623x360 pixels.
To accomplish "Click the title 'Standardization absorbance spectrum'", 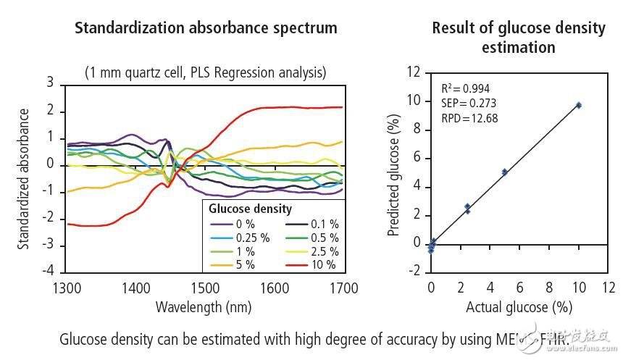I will coord(205,28).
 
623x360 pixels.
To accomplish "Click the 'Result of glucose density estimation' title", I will coord(518,38).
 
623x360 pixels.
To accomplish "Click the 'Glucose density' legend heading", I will coord(251,209).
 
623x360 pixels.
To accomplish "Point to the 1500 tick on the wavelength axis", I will coord(205,288).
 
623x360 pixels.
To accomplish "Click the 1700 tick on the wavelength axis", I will coord(344,288).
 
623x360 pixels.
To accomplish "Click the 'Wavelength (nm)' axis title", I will coord(204,306).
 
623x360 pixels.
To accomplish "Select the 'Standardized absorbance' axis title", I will coord(25,179).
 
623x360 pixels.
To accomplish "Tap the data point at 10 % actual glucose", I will coord(578,105).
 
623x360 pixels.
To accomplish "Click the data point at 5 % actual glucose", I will coord(504,172).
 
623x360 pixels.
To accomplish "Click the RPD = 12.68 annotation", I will coord(469,118).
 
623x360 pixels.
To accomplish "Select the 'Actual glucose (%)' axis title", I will coord(519,306).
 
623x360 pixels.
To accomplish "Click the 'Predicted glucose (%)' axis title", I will coord(394,174).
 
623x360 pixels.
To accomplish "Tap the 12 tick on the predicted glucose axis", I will coord(414,72).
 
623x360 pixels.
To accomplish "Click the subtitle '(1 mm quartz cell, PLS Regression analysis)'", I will coord(205,72).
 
